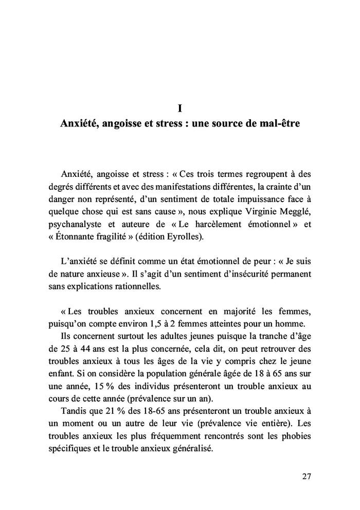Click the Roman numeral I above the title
[179, 108]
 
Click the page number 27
[306, 476]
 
